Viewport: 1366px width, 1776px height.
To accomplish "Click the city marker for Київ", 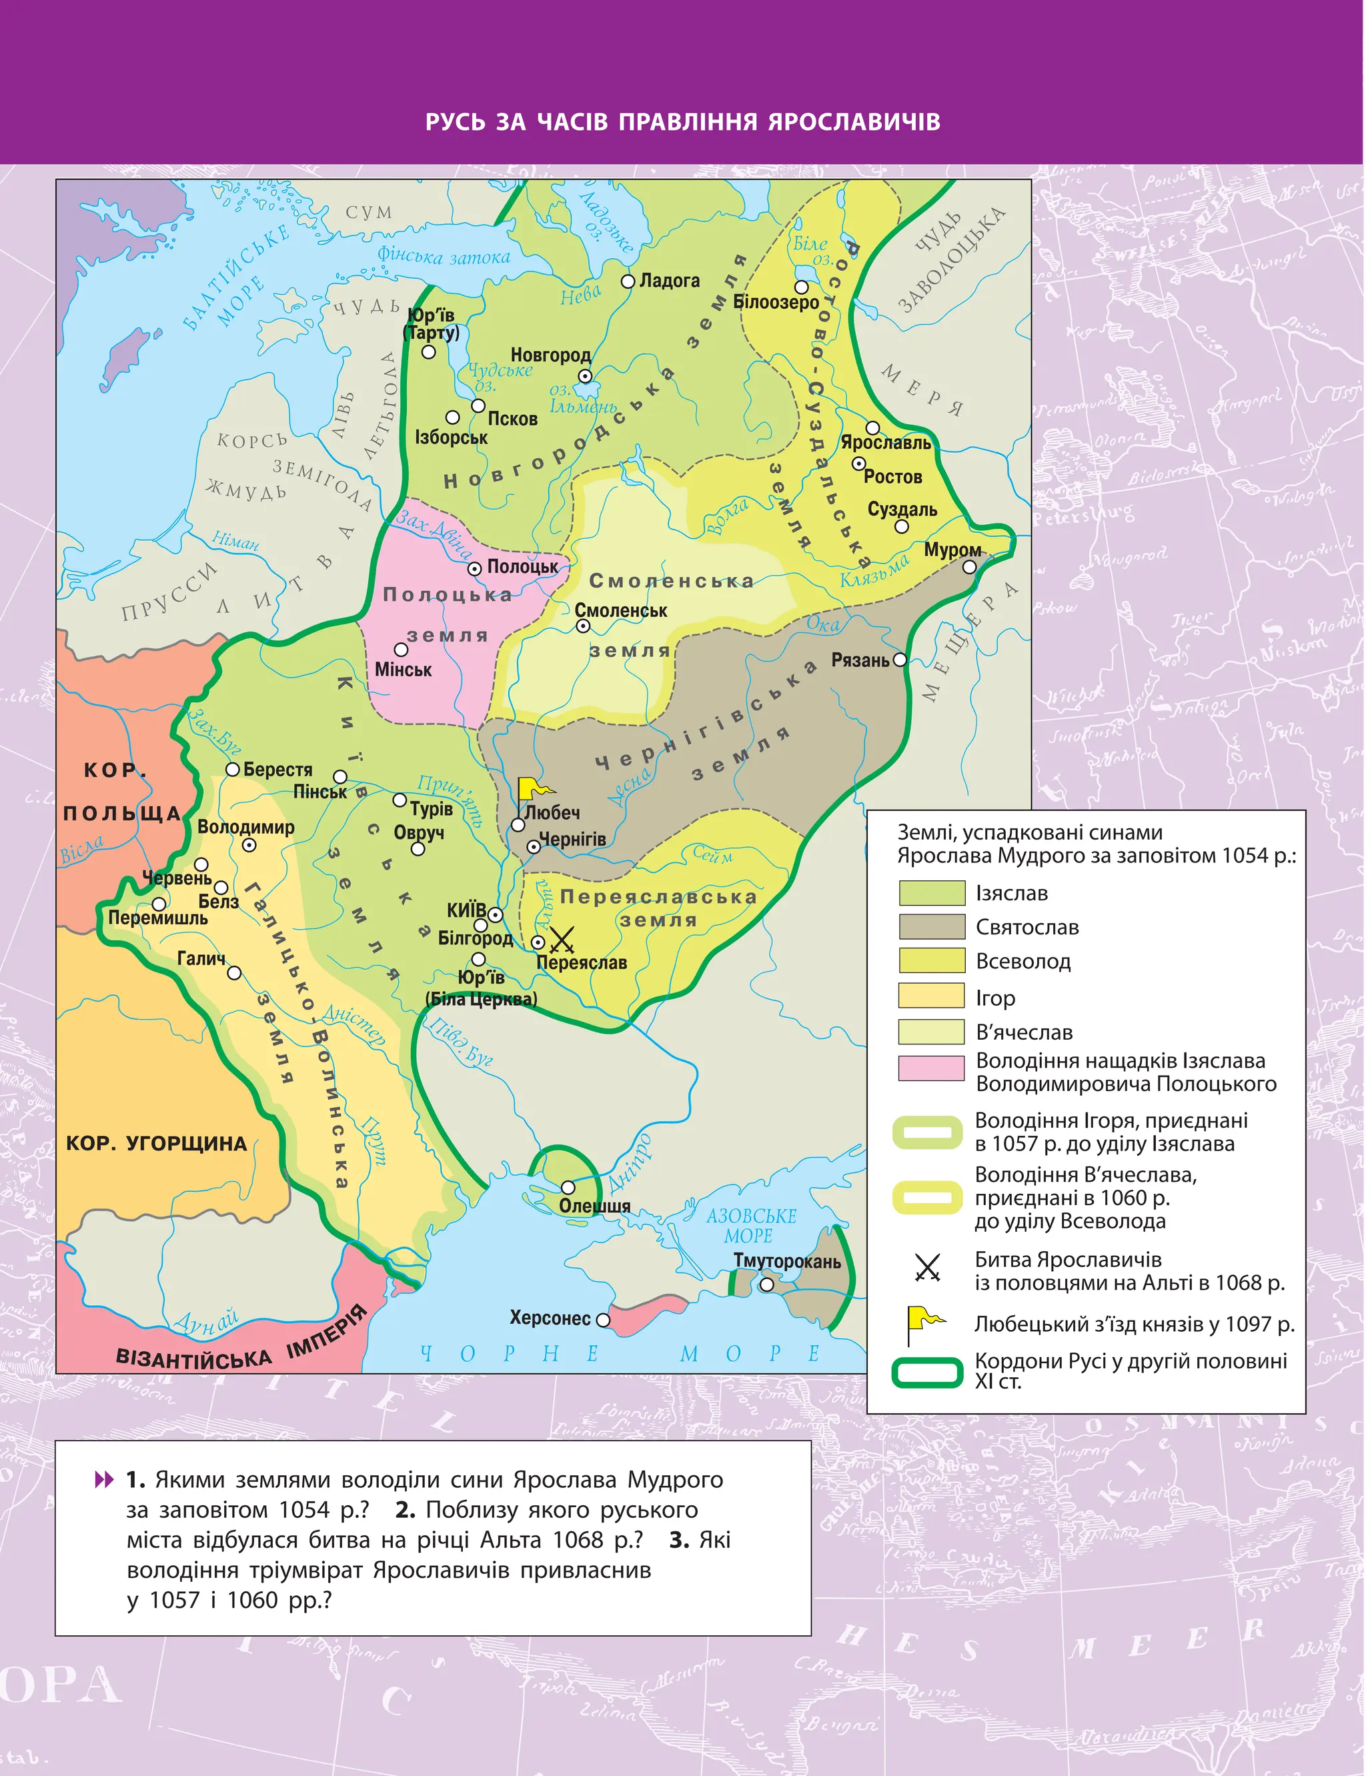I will (x=495, y=914).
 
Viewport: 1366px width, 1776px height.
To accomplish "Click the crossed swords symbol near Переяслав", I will (x=562, y=940).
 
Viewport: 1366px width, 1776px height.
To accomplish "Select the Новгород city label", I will (x=550, y=355).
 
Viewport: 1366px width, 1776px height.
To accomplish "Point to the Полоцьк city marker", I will (x=475, y=568).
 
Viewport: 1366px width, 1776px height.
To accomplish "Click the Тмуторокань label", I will (x=786, y=1260).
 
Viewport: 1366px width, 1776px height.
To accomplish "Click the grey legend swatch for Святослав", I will (x=931, y=926).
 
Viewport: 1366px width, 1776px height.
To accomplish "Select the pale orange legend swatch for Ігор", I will (x=931, y=996).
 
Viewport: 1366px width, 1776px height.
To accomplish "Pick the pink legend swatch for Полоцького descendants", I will (x=931, y=1068).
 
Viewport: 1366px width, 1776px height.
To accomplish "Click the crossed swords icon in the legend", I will (x=927, y=1267).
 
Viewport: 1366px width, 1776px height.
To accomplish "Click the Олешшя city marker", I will (x=568, y=1188).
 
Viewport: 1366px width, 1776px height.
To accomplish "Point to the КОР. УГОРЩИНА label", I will (x=156, y=1144).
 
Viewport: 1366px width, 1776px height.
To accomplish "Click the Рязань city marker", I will (x=899, y=660).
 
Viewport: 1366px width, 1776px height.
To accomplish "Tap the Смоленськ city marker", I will (x=583, y=626).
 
